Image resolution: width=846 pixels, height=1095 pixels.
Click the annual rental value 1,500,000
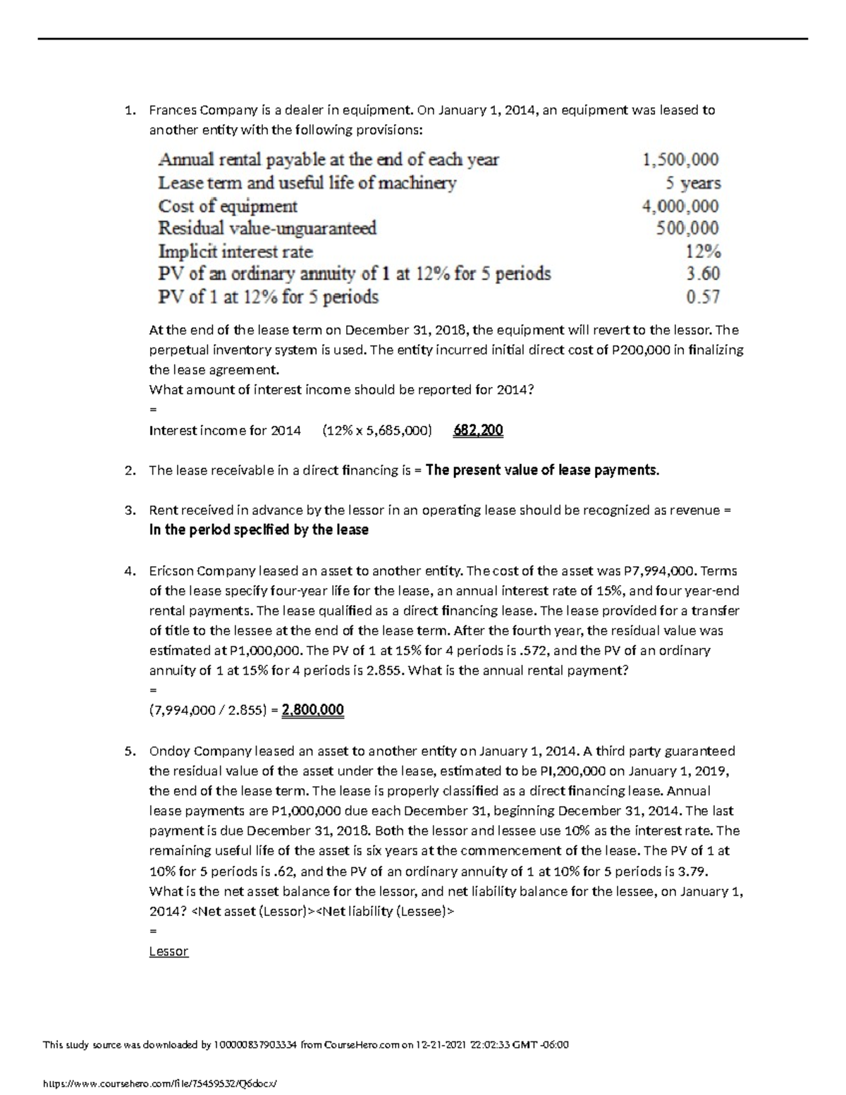tap(680, 160)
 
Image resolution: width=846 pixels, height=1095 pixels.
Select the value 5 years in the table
tap(693, 183)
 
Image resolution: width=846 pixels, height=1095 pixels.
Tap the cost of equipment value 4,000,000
tap(680, 206)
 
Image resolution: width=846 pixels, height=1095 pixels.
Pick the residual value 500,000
tap(687, 228)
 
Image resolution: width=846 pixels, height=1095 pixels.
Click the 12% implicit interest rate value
tap(703, 252)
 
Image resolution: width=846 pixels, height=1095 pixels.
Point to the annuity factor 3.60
tap(703, 274)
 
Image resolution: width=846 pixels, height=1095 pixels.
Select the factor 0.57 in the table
tap(703, 297)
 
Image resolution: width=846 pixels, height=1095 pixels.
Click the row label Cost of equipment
tap(228, 206)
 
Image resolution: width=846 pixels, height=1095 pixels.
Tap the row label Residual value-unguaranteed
tap(267, 228)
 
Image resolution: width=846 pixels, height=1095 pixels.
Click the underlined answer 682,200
tap(477, 430)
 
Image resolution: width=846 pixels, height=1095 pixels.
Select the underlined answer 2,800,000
tap(312, 710)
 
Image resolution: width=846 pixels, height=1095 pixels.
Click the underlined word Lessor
tap(168, 951)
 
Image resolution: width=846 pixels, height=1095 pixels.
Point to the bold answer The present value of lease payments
tap(543, 470)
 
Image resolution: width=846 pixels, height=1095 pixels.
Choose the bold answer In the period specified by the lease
tap(259, 530)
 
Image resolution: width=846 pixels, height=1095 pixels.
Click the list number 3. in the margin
tap(129, 510)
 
